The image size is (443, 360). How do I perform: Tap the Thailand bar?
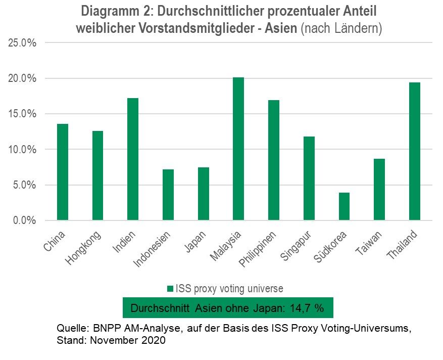(x=414, y=151)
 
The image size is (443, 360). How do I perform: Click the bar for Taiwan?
(x=379, y=190)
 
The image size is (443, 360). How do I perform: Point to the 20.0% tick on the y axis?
(x=23, y=78)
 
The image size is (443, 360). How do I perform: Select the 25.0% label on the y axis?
(x=23, y=43)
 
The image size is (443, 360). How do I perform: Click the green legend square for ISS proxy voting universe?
(x=170, y=289)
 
